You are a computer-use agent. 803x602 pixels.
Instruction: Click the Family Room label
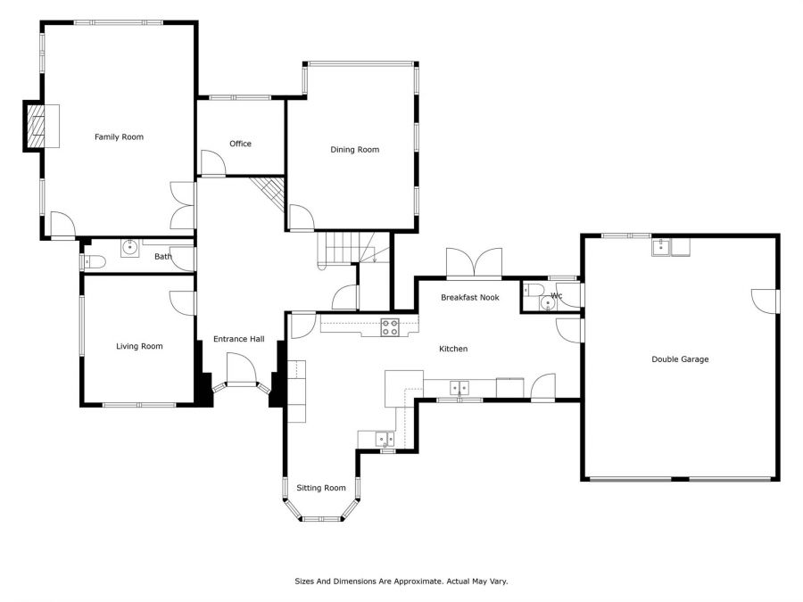[x=119, y=136]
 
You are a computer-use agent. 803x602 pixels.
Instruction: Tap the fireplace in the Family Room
[x=36, y=126]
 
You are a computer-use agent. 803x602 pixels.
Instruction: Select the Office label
[x=240, y=144]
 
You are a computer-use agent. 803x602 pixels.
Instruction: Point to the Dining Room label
[x=354, y=150]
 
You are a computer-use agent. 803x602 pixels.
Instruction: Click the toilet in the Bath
[x=95, y=262]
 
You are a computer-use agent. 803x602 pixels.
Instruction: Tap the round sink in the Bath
[x=130, y=247]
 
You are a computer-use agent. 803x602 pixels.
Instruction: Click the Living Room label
[x=139, y=346]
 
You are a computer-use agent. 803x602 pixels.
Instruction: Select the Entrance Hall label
[x=238, y=339]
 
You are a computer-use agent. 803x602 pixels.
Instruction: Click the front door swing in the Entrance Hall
[x=241, y=367]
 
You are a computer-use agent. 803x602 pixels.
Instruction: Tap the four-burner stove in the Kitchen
[x=390, y=327]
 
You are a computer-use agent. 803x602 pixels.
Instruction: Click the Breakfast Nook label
[x=469, y=297]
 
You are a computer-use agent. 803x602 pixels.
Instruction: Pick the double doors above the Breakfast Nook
[x=475, y=262]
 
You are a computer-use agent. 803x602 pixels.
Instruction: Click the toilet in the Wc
[x=534, y=290]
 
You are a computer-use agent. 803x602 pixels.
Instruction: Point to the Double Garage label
[x=680, y=359]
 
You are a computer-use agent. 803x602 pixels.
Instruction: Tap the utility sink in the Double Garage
[x=661, y=247]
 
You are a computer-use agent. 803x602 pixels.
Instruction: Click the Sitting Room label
[x=321, y=488]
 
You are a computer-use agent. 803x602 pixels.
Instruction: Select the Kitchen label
[x=453, y=349]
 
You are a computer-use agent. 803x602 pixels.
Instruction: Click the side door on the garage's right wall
[x=766, y=301]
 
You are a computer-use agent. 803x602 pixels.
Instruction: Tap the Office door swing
[x=212, y=163]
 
